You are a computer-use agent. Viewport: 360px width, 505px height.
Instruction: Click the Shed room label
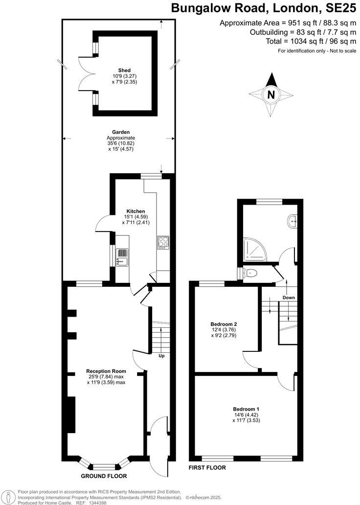pyautogui.click(x=124, y=70)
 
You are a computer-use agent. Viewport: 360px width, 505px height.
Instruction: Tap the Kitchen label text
pyautogui.click(x=135, y=211)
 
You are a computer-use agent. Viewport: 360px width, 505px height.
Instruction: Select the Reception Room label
pyautogui.click(x=106, y=370)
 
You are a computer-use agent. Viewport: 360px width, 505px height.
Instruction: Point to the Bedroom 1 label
pyautogui.click(x=246, y=409)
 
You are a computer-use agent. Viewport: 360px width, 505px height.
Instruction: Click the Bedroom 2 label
pyautogui.click(x=224, y=324)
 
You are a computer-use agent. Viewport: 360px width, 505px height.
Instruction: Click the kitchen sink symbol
pyautogui.click(x=122, y=256)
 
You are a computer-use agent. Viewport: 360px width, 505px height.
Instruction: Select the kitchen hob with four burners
pyautogui.click(x=162, y=242)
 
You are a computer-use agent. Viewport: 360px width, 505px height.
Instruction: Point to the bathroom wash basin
pyautogui.click(x=293, y=221)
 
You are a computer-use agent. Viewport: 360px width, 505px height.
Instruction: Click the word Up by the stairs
pyautogui.click(x=161, y=356)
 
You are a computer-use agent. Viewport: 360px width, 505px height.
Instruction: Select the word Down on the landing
pyautogui.click(x=289, y=298)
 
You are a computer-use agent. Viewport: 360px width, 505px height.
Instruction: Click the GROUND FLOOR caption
pyautogui.click(x=104, y=476)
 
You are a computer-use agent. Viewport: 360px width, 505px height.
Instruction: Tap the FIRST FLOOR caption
pyautogui.click(x=207, y=468)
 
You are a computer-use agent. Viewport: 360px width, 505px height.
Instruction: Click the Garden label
pyautogui.click(x=120, y=132)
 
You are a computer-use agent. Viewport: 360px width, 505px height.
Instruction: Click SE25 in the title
pyautogui.click(x=339, y=8)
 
